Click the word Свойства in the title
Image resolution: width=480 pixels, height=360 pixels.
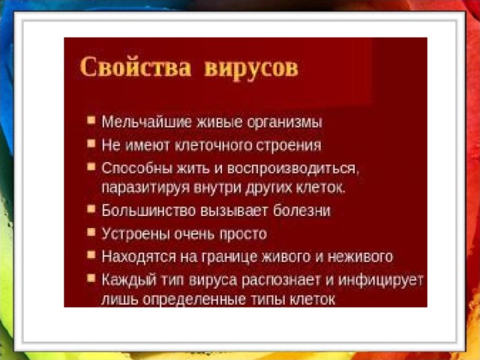click(136, 67)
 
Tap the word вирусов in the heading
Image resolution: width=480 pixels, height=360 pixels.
click(251, 69)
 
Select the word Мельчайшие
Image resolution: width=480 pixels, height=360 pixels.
click(147, 121)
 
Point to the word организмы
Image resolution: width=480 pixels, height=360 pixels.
click(284, 122)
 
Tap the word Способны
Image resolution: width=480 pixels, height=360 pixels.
click(137, 168)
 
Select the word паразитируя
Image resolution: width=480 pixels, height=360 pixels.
click(145, 187)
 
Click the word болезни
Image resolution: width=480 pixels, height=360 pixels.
click(301, 211)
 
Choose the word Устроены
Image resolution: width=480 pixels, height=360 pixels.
click(136, 234)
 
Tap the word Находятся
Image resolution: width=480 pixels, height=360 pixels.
click(139, 256)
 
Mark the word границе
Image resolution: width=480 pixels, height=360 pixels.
click(229, 257)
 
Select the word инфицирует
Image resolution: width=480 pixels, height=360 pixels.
click(381, 280)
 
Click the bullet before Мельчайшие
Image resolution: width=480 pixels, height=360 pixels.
click(91, 120)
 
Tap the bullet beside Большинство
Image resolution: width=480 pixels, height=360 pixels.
click(91, 208)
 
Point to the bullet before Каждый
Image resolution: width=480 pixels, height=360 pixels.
click(91, 278)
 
